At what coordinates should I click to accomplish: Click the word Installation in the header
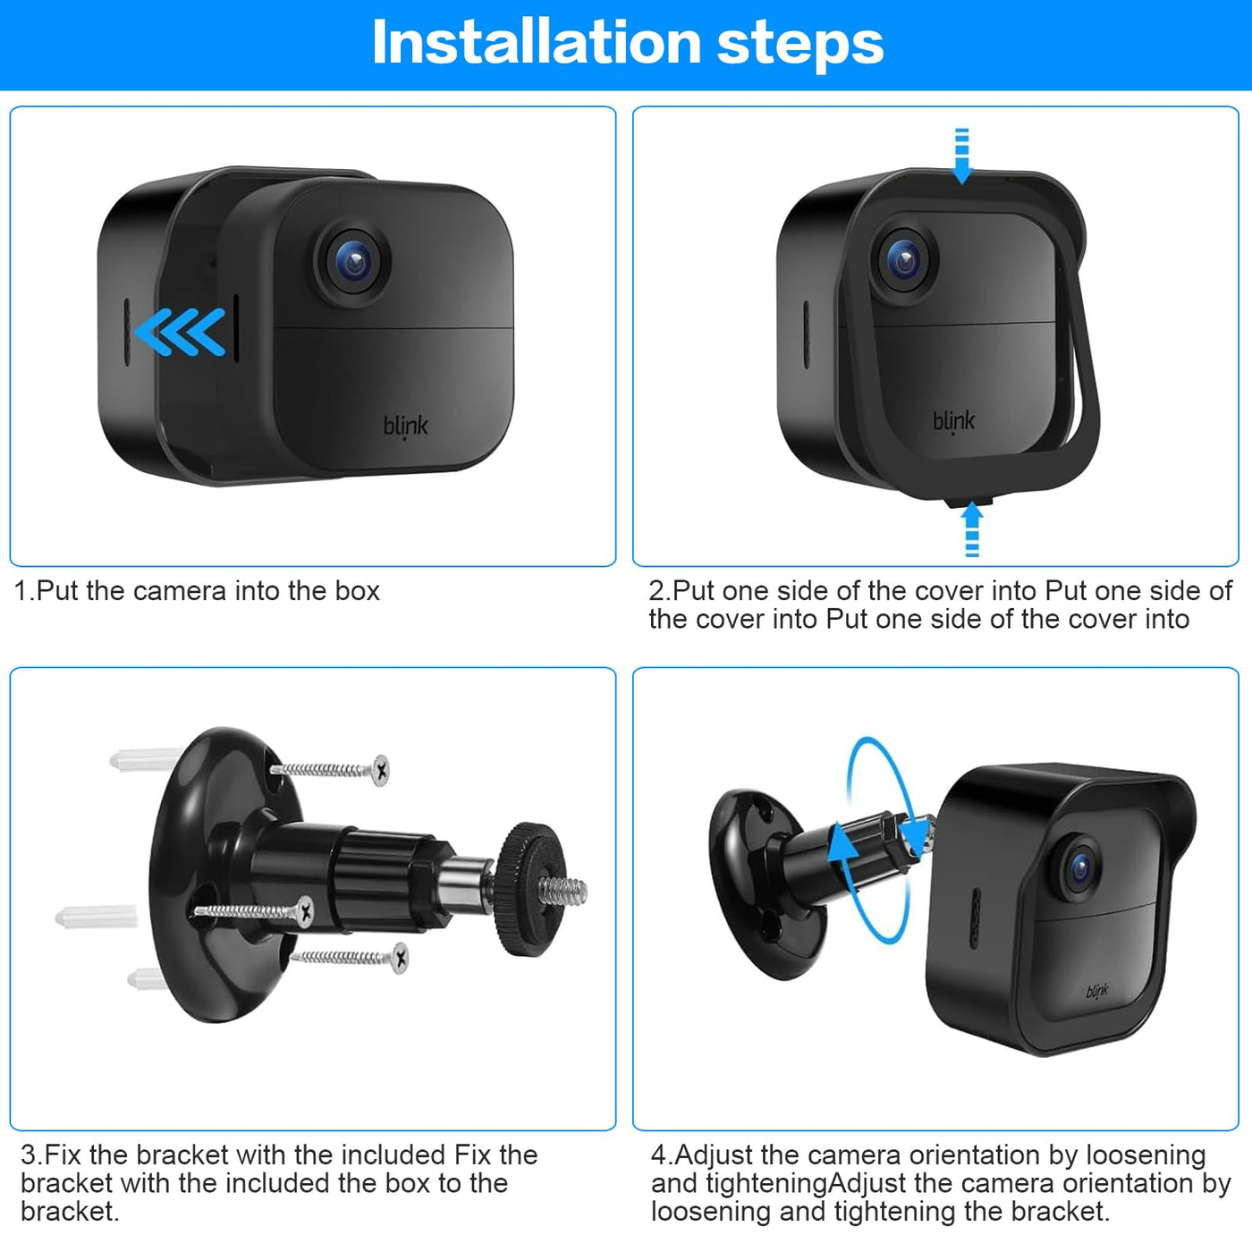point(536,43)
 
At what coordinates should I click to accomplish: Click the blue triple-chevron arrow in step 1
point(180,332)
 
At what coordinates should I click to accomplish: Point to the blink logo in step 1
point(405,427)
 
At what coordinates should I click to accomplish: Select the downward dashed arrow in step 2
point(961,156)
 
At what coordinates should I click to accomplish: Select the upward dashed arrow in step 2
point(972,529)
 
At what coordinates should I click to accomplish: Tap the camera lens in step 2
point(904,261)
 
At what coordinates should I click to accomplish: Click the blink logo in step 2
point(954,422)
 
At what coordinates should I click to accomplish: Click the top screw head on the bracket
point(381,770)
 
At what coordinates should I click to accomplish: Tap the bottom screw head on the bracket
point(401,959)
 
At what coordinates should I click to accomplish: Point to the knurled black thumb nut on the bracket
point(525,890)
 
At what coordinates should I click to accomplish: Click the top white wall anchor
point(146,759)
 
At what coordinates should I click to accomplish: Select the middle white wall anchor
point(97,917)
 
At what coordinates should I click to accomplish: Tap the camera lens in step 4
point(1079,868)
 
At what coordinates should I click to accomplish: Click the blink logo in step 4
point(1096,991)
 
